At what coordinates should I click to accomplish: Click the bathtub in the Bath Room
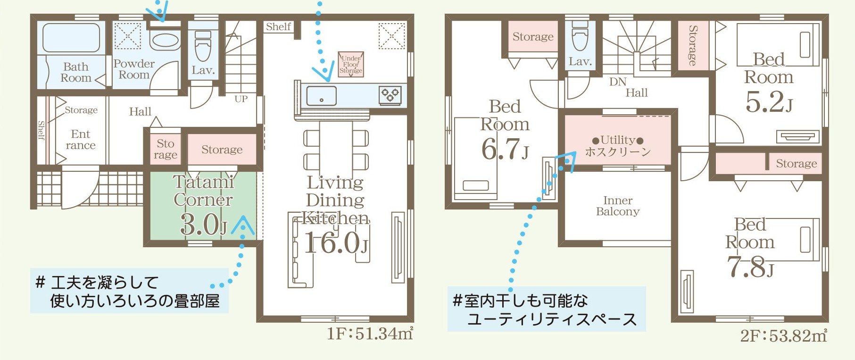(71, 38)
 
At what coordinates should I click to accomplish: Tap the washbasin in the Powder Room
(165, 40)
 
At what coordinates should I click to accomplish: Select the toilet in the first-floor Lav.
(203, 46)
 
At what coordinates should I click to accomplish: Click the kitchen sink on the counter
(321, 96)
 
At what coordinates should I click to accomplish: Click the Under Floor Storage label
(351, 65)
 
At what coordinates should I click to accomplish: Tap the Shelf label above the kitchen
(278, 26)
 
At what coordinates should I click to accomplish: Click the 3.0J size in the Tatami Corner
(204, 225)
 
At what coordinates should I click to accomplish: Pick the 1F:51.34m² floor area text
(370, 334)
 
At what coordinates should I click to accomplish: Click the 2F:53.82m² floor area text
(783, 335)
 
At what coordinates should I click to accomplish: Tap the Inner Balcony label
(618, 206)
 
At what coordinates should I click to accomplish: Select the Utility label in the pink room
(618, 140)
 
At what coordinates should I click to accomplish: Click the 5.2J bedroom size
(769, 101)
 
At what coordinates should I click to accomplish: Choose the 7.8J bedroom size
(750, 267)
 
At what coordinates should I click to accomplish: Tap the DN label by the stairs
(618, 82)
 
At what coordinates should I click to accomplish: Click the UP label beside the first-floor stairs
(241, 99)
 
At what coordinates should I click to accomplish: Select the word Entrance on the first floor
(81, 140)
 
